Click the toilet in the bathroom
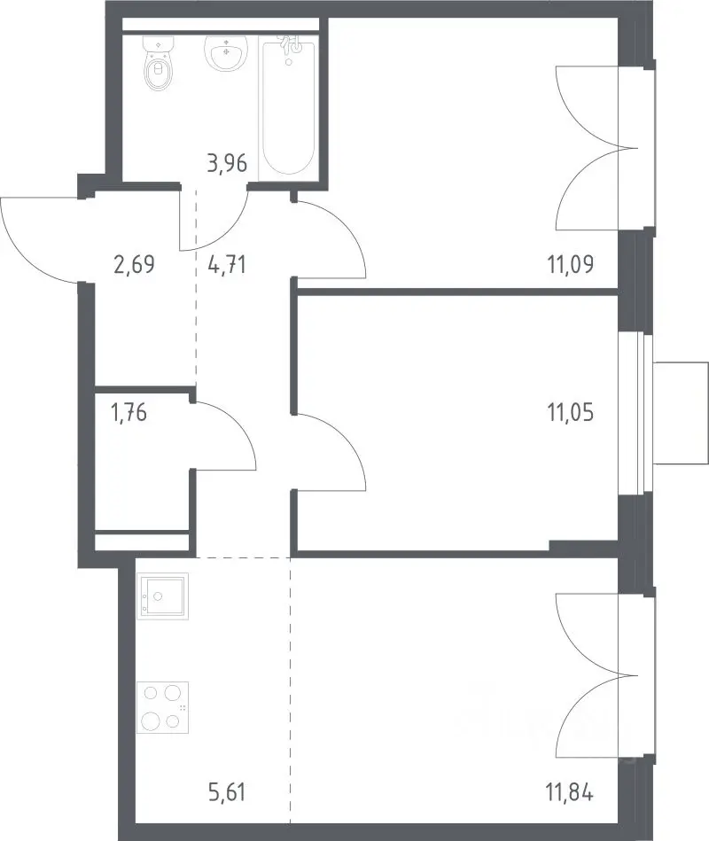pyautogui.click(x=160, y=63)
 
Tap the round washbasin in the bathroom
pyautogui.click(x=226, y=53)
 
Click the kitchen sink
pyautogui.click(x=162, y=596)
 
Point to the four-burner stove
pyautogui.click(x=162, y=707)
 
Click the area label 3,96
pyautogui.click(x=227, y=164)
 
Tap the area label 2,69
pyautogui.click(x=134, y=264)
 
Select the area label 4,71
pyautogui.click(x=227, y=264)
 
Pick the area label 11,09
pyautogui.click(x=571, y=264)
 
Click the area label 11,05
pyautogui.click(x=571, y=413)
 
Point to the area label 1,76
pyautogui.click(x=129, y=413)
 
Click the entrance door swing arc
pyautogui.click(x=21, y=253)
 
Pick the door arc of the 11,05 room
pyautogui.click(x=343, y=435)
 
